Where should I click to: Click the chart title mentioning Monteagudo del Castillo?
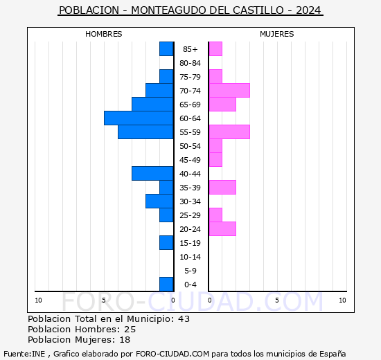pyautogui.click(x=190, y=10)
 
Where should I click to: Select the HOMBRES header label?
pyautogui.click(x=104, y=34)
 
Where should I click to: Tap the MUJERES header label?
pyautogui.click(x=277, y=34)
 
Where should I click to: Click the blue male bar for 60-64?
pyautogui.click(x=139, y=118)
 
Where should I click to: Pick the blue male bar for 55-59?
pyautogui.click(x=145, y=132)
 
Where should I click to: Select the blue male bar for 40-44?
pyautogui.click(x=152, y=173)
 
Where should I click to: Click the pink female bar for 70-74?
pyautogui.click(x=229, y=90)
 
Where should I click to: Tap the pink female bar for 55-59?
pyautogui.click(x=229, y=132)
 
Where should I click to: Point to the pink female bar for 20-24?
pyautogui.click(x=222, y=228)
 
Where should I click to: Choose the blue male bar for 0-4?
pyautogui.click(x=166, y=284)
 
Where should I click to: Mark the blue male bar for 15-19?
pyautogui.click(x=166, y=242)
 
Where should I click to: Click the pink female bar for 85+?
pyautogui.click(x=215, y=48)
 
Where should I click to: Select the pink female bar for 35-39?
pyautogui.click(x=222, y=187)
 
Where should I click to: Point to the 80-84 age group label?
pyautogui.click(x=190, y=63)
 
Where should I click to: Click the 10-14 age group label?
pyautogui.click(x=190, y=257)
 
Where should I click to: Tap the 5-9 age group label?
pyautogui.click(x=190, y=271)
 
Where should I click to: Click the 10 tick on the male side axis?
pyautogui.click(x=38, y=300)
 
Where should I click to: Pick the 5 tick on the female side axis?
pyautogui.click(x=276, y=300)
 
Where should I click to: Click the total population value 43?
pyautogui.click(x=184, y=319)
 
